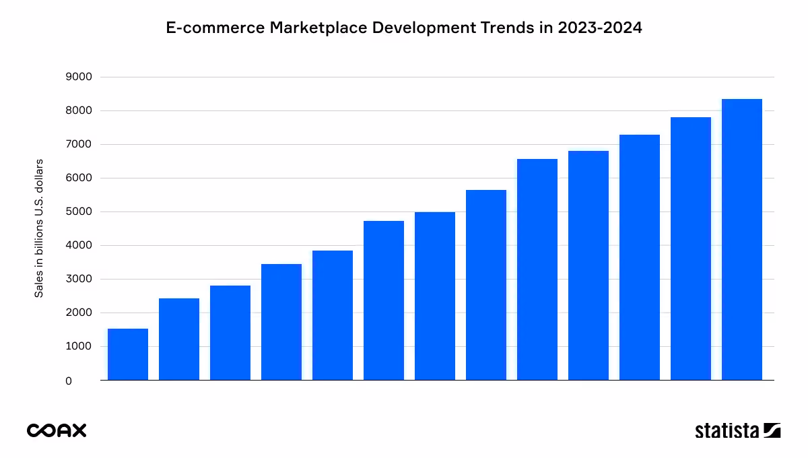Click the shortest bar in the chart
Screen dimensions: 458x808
(x=128, y=354)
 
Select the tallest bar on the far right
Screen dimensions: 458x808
(x=741, y=240)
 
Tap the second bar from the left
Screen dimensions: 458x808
(x=179, y=339)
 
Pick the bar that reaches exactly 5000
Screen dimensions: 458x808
(x=435, y=296)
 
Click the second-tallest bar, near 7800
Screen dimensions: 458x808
(x=690, y=249)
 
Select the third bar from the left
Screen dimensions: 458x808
(x=230, y=333)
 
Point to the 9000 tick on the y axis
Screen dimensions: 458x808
(x=78, y=77)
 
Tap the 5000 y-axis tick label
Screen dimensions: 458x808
(x=78, y=211)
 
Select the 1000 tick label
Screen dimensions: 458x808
(x=78, y=346)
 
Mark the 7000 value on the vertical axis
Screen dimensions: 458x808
(x=78, y=144)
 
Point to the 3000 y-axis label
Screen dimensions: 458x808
(x=78, y=279)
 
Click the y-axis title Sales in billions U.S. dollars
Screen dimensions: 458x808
(x=39, y=228)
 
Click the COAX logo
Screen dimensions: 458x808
(x=57, y=430)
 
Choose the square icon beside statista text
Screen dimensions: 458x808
(x=772, y=430)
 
